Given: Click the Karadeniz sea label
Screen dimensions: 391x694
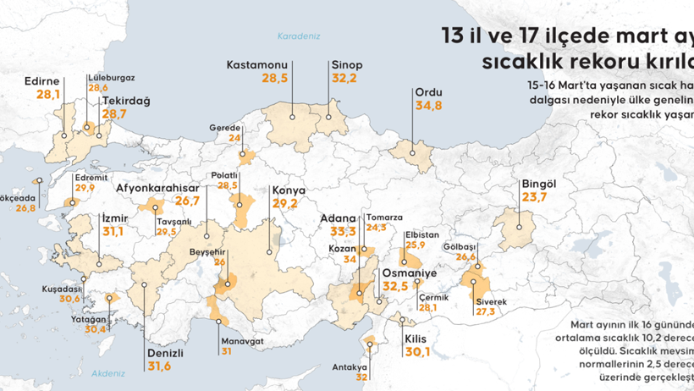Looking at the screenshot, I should pyautogui.click(x=296, y=36).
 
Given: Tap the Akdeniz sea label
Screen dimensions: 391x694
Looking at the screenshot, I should pyautogui.click(x=107, y=372).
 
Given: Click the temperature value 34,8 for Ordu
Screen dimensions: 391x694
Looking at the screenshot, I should pyautogui.click(x=428, y=106).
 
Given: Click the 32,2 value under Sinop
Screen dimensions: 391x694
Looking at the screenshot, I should pyautogui.click(x=344, y=78).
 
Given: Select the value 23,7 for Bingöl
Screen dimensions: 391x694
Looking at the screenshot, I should pyautogui.click(x=536, y=197).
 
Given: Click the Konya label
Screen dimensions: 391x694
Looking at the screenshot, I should pyautogui.click(x=289, y=190).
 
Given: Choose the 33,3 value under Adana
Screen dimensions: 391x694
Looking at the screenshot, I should pyautogui.click(x=343, y=231).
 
